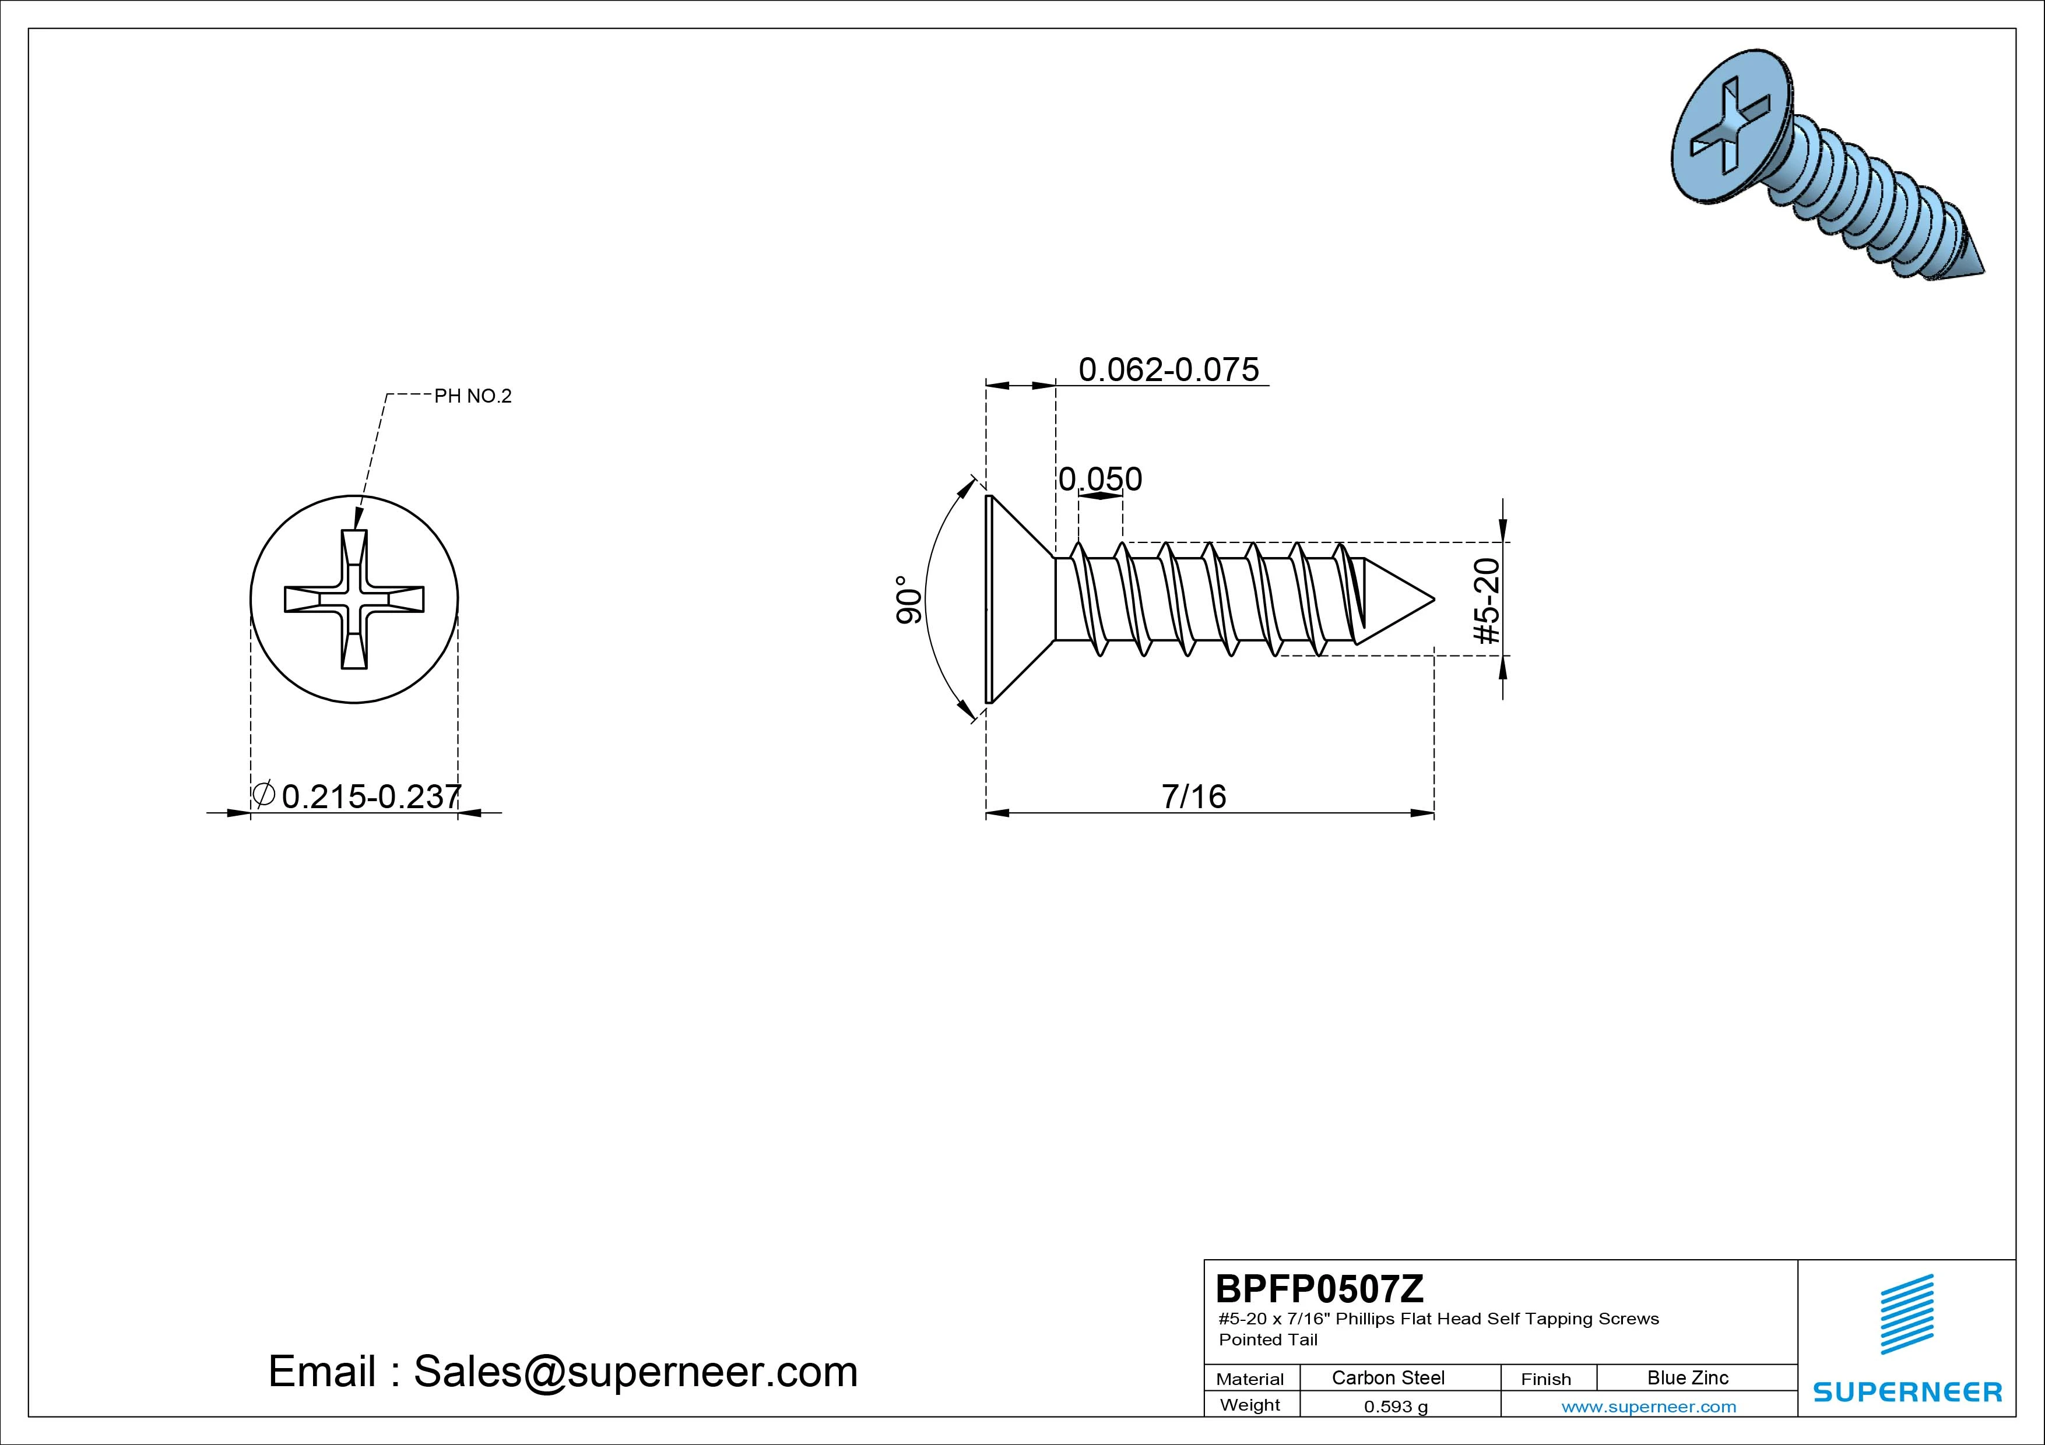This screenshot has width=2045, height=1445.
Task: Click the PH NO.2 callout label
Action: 473,396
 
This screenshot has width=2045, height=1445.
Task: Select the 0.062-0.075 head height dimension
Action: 1169,369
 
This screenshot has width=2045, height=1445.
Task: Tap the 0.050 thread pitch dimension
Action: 1100,479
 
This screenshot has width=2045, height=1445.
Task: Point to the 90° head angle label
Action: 908,599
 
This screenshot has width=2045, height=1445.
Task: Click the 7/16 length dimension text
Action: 1193,796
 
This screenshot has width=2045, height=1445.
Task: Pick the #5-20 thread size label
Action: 1488,600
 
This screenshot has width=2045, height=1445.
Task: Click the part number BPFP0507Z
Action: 1319,1288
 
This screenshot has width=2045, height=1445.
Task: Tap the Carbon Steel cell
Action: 1387,1377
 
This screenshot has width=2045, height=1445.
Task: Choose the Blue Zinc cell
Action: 1688,1377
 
